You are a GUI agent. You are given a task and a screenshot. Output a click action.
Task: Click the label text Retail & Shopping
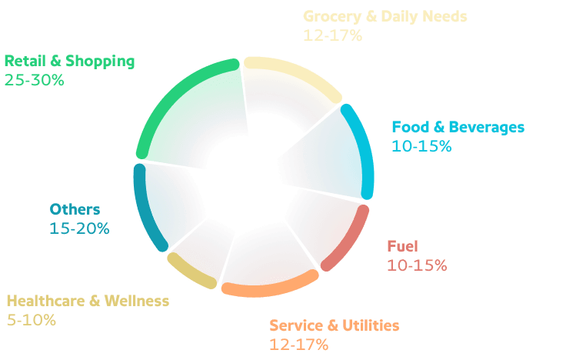point(69,60)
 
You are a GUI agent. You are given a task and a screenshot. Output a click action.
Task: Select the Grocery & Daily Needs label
point(385,16)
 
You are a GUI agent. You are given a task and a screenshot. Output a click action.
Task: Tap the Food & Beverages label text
point(458,127)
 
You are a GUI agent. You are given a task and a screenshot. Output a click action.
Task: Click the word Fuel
point(401,246)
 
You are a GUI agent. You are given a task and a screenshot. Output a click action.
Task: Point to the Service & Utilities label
point(335,325)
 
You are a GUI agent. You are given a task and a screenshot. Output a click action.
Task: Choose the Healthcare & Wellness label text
point(87,301)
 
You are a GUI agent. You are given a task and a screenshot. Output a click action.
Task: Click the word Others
point(75,209)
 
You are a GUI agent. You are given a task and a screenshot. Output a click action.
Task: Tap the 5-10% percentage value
point(31,320)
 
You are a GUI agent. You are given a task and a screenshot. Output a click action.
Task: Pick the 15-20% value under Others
point(79,228)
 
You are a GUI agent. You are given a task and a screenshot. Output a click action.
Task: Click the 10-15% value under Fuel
point(416,265)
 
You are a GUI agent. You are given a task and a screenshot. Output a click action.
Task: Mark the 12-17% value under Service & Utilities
point(298,345)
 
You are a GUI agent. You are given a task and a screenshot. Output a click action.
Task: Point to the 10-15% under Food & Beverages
point(421,146)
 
